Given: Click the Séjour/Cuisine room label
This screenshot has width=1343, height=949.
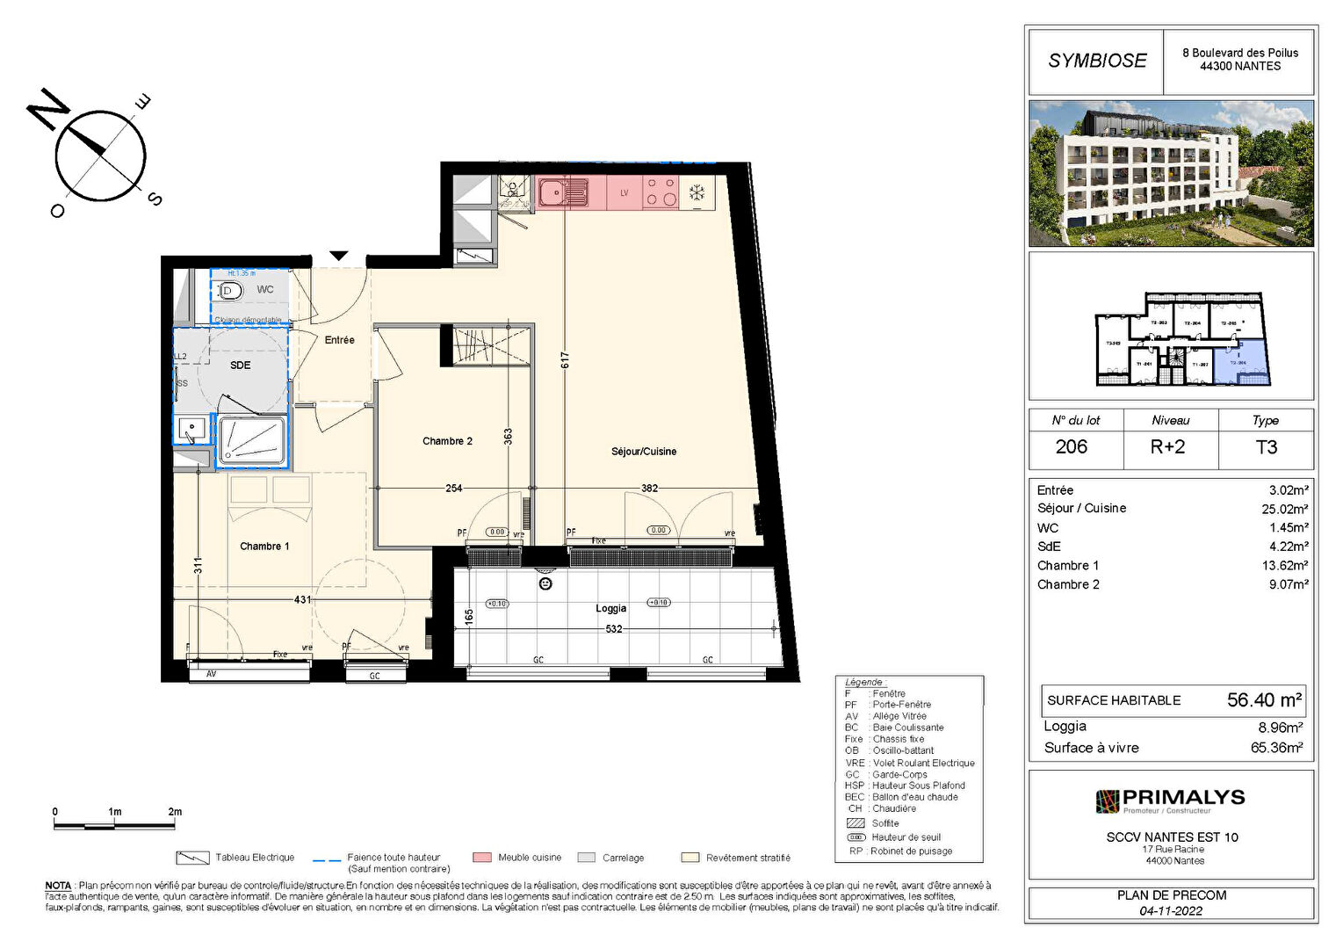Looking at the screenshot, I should [644, 452].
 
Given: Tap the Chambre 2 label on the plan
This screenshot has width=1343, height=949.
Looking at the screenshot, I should [447, 441].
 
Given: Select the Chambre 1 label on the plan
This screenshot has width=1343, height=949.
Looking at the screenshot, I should [264, 547].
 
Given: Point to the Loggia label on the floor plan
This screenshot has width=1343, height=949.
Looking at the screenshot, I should [610, 608].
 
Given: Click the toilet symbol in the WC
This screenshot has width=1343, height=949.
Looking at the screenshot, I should [230, 290].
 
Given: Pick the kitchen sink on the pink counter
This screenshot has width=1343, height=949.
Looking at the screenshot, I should [562, 192].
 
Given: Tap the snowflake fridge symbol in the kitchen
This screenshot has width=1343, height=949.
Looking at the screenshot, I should [697, 192].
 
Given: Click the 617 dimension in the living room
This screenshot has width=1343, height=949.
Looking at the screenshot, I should [566, 359].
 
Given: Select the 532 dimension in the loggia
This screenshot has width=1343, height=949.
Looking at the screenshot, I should [614, 629].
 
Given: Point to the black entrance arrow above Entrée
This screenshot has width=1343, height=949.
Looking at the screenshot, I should [339, 256].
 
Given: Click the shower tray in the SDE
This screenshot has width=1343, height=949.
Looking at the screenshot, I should [252, 439].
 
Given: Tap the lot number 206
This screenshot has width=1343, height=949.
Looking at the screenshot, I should [1071, 447].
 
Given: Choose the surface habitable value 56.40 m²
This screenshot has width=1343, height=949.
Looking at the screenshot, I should [1263, 700].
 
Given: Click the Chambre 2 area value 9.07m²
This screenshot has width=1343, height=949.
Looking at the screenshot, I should [1288, 584].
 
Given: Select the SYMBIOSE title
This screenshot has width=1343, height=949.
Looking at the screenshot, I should [1097, 61].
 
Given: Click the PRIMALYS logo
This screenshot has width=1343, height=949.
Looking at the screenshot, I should [1171, 800].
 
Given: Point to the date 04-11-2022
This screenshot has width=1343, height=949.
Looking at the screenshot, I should [1171, 911].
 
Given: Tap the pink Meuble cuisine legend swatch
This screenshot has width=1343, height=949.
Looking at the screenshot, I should [481, 858].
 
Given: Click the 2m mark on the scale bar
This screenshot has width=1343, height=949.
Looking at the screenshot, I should [175, 812].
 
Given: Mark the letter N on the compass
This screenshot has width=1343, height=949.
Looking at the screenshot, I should [48, 109].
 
